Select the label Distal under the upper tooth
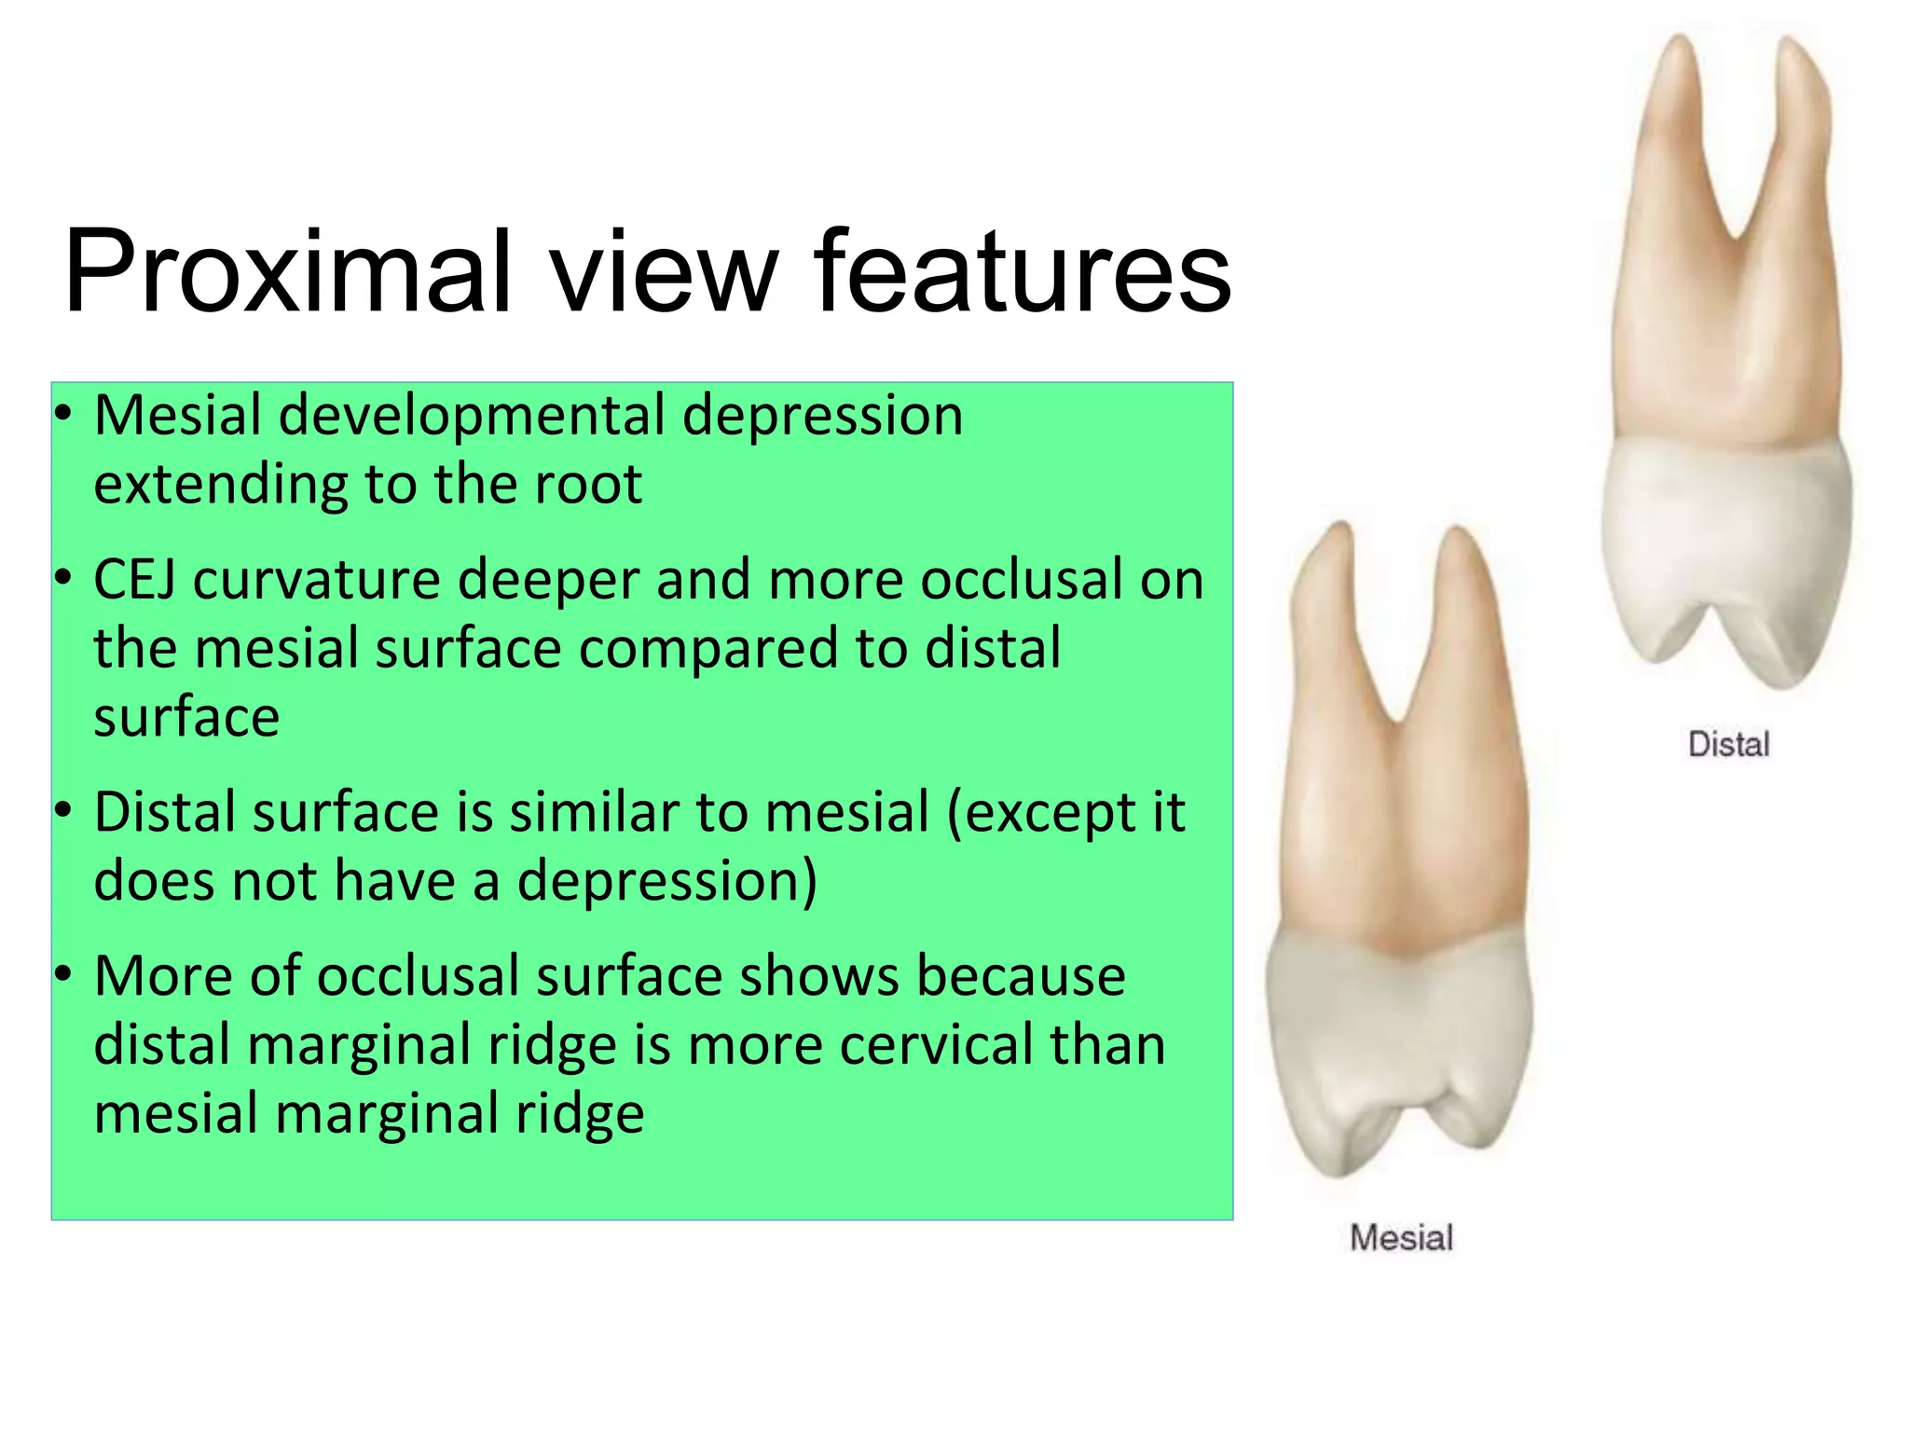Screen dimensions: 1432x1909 point(1728,745)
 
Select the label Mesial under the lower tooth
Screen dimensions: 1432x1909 point(1401,1238)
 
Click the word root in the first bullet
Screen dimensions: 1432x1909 point(586,485)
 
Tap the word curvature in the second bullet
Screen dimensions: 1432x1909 point(316,580)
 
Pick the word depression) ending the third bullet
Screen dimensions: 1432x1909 point(667,881)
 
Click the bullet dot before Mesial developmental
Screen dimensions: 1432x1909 point(62,415)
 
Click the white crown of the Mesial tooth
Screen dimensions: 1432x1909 point(1398,1035)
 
